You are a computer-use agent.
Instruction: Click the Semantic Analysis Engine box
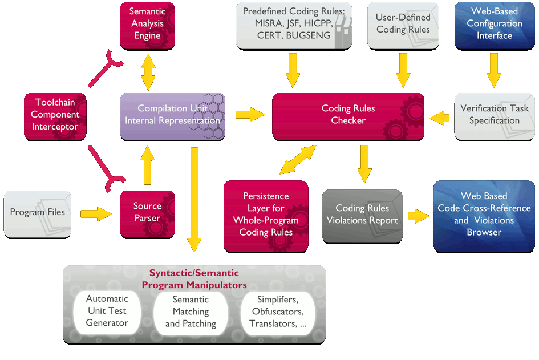click(147, 25)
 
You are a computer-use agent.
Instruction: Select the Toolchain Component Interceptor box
click(55, 115)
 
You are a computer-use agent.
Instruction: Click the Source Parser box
click(147, 212)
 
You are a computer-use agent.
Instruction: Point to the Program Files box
click(38, 213)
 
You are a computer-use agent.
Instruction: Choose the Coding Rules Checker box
click(348, 115)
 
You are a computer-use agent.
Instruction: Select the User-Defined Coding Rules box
click(403, 25)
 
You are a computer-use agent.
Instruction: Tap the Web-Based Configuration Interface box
click(494, 25)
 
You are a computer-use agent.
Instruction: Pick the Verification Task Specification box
click(494, 115)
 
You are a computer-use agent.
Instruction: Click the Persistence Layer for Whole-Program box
click(266, 215)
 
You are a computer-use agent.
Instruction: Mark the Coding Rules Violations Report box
click(362, 215)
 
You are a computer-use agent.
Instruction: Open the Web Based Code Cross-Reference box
click(484, 215)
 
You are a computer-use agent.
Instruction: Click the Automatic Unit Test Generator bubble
click(107, 311)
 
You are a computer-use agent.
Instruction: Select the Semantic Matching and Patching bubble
click(191, 312)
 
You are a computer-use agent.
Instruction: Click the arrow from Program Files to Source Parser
click(96, 215)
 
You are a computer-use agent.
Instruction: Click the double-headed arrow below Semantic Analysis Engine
click(148, 71)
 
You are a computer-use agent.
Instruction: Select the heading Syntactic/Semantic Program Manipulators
click(194, 279)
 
